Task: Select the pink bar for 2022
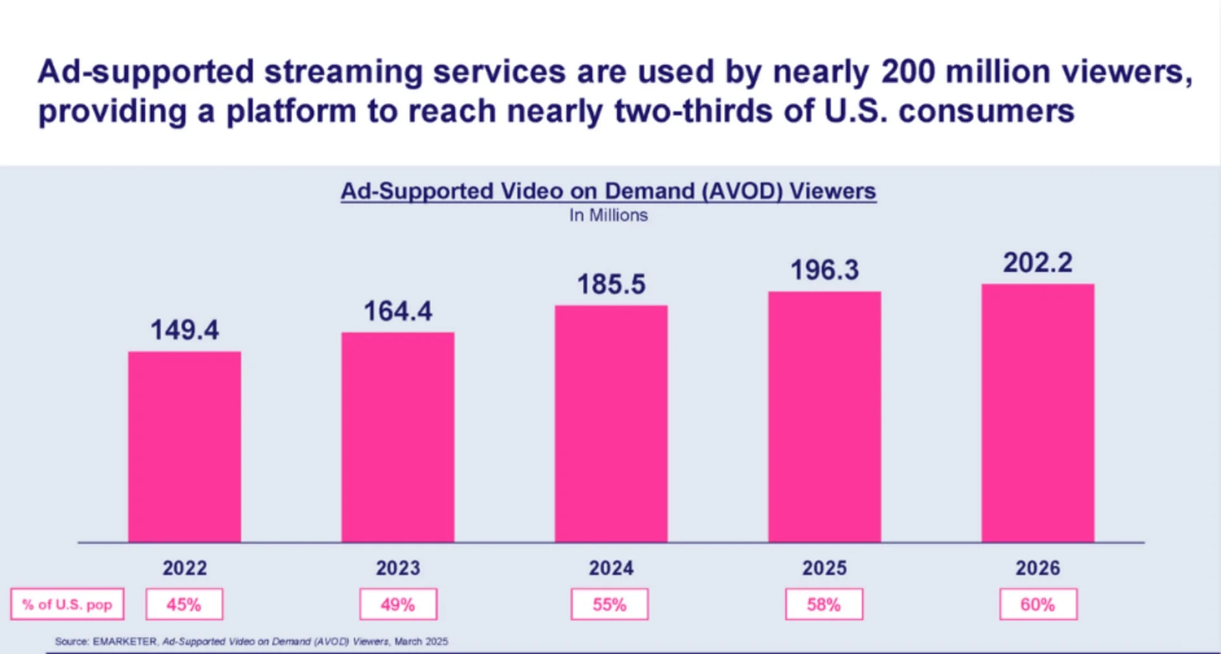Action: click(x=185, y=447)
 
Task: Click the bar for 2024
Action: click(x=611, y=424)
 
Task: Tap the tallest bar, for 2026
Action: click(x=1038, y=413)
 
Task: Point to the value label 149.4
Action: click(x=185, y=330)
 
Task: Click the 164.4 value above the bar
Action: click(x=398, y=311)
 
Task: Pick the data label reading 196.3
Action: click(x=824, y=270)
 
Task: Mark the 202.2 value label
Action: click(x=1038, y=263)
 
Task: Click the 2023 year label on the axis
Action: click(x=398, y=569)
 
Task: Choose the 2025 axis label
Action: click(x=824, y=569)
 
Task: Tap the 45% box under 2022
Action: click(x=185, y=605)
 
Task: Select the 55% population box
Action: click(x=610, y=605)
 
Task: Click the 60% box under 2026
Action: click(x=1038, y=605)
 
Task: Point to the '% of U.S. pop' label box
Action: click(x=67, y=605)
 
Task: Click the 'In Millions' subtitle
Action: click(x=609, y=216)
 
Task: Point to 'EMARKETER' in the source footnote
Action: click(x=124, y=642)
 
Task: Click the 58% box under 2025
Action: click(x=824, y=605)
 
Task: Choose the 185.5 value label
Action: click(x=611, y=285)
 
